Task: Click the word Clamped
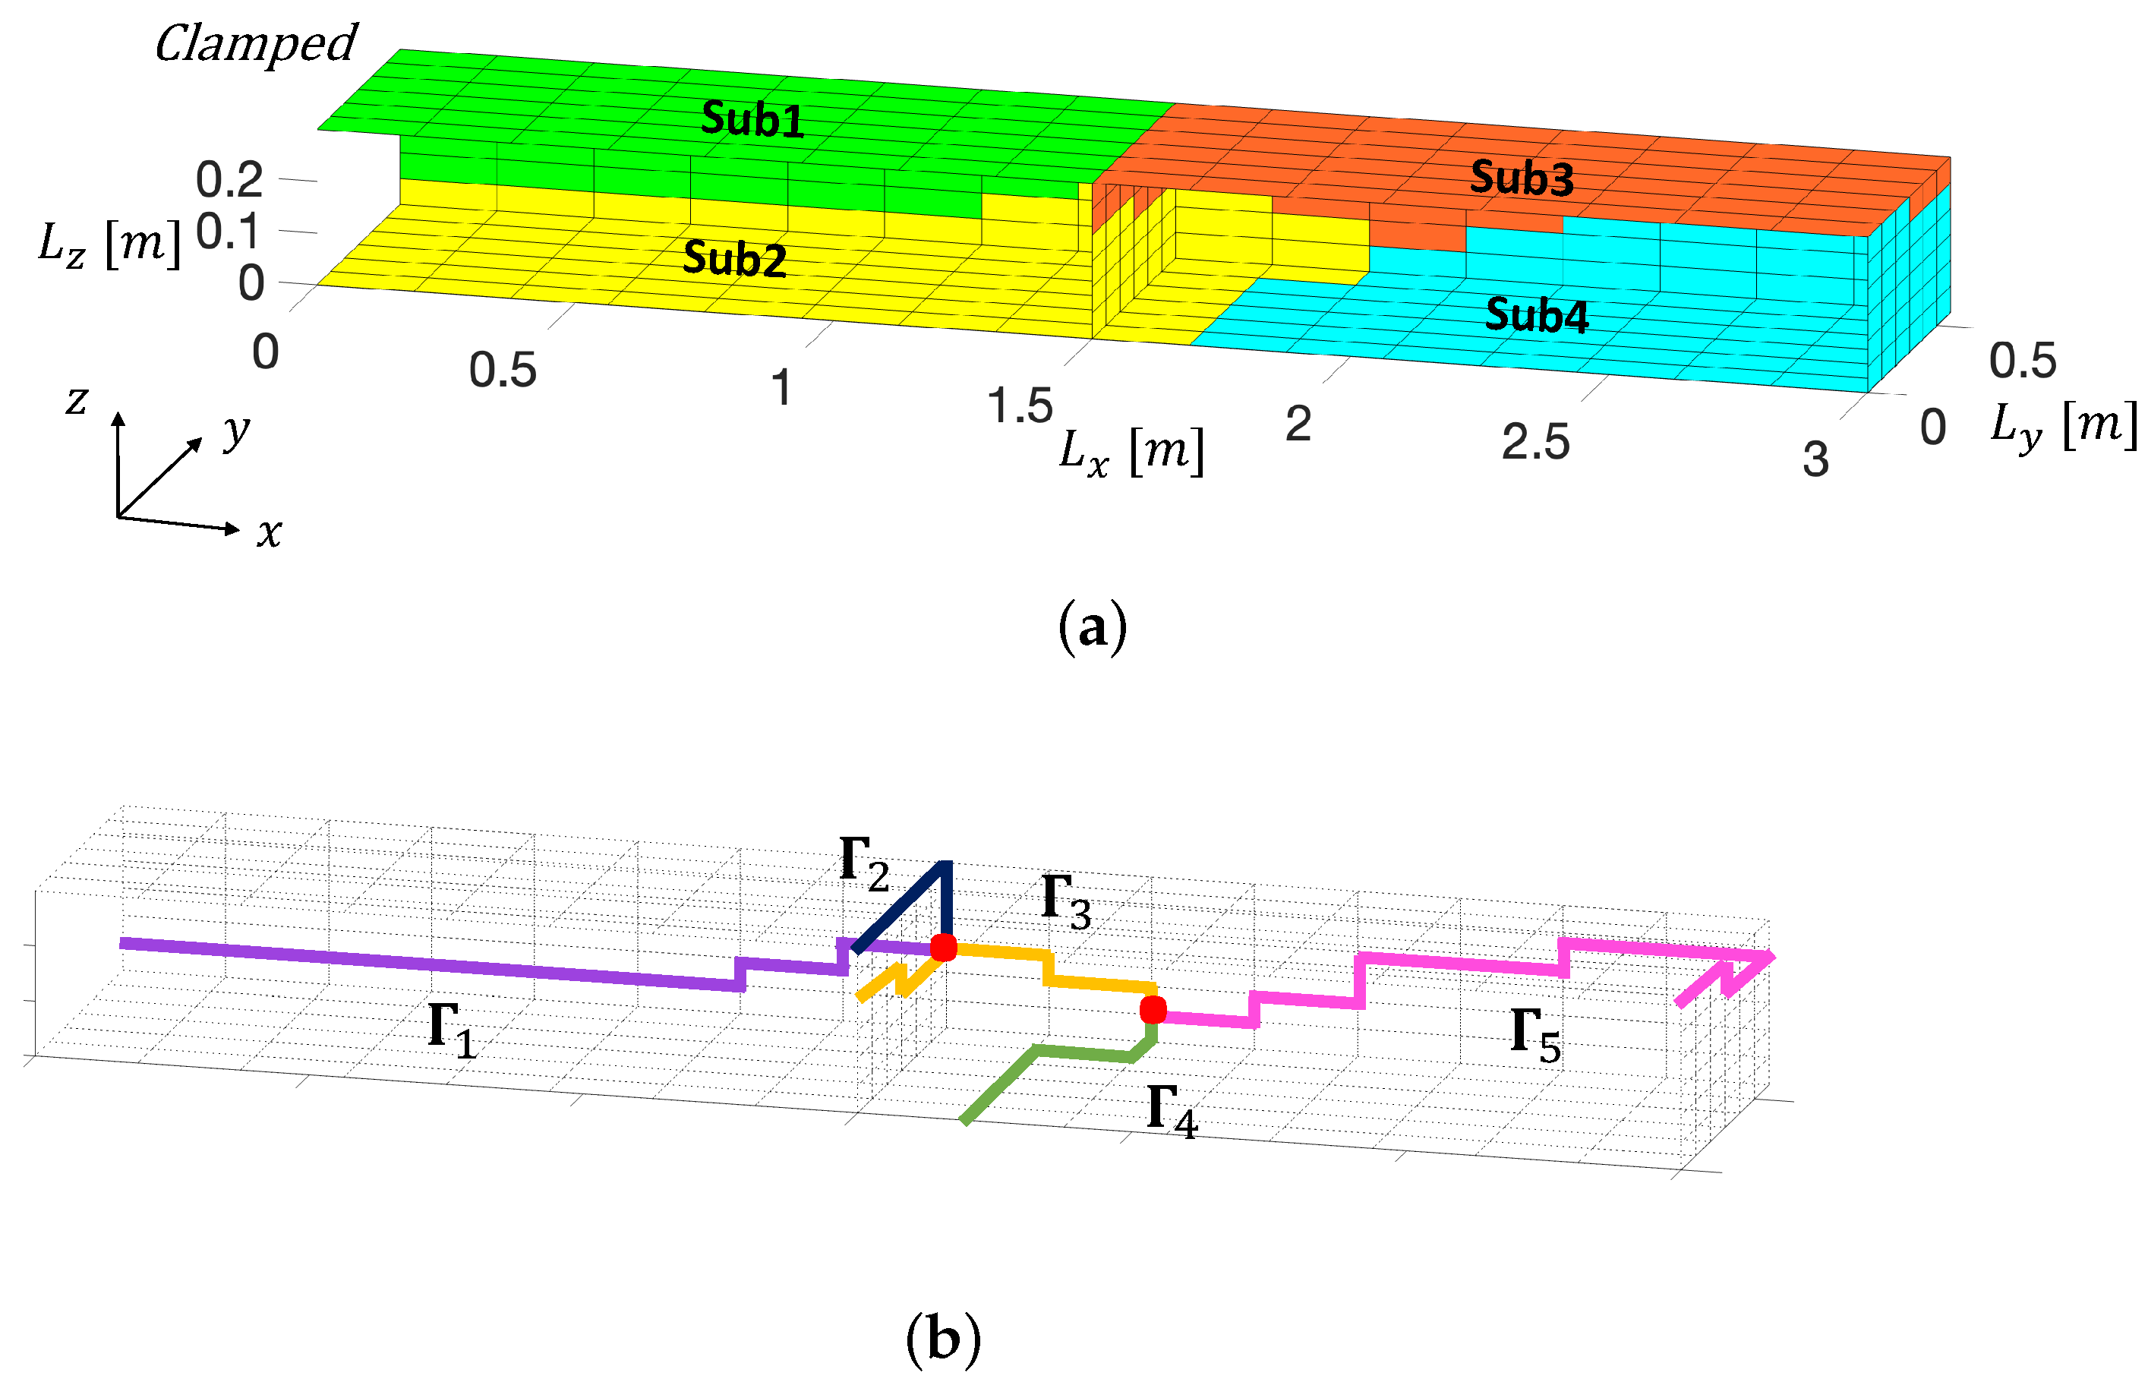256,44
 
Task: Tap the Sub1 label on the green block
752,119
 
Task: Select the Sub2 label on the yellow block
734,260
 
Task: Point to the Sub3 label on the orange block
1521,178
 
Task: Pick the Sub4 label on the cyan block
1536,315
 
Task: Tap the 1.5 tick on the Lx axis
1019,405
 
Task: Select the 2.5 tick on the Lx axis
1535,443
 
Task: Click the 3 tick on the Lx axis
1815,459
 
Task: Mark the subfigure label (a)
1092,627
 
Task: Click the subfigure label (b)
942,1339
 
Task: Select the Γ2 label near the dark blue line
864,863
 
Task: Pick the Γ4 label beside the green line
1172,1110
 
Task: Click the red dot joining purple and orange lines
943,948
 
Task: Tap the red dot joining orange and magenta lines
1153,1011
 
